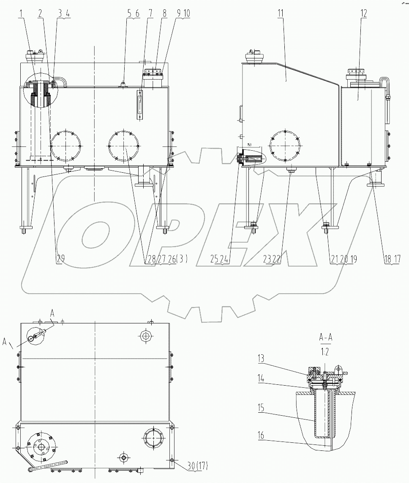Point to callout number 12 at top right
[364, 14]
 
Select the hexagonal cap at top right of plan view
[146, 337]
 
